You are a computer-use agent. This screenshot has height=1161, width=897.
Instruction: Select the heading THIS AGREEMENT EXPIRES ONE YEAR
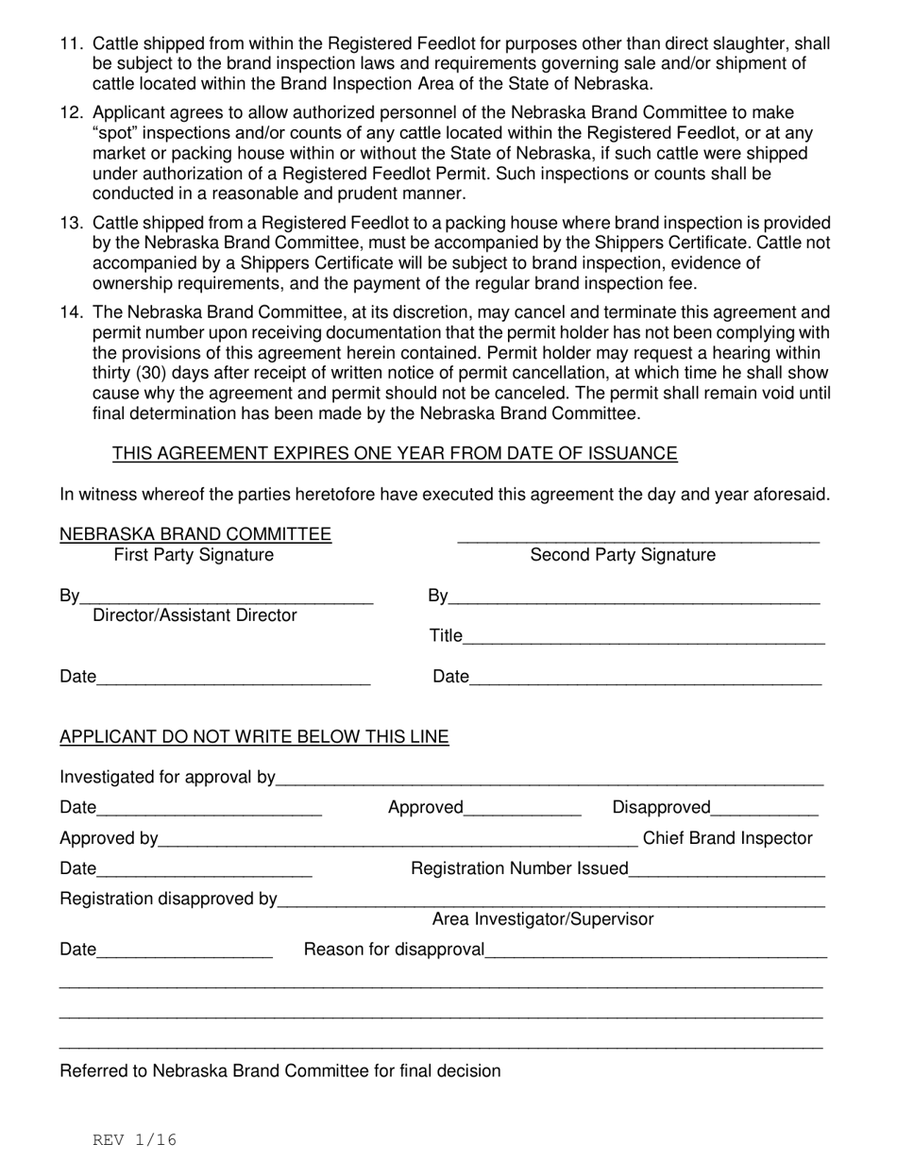(x=395, y=454)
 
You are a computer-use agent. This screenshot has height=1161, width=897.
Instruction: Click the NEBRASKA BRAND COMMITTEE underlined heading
(x=195, y=535)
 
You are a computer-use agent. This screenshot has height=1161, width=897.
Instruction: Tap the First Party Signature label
(x=194, y=556)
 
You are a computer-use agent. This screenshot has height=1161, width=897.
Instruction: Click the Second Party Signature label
(x=622, y=556)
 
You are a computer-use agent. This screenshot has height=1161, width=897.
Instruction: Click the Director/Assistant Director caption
(x=195, y=616)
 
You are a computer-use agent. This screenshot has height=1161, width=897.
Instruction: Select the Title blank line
(x=644, y=638)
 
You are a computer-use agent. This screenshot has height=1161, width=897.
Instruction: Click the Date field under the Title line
(x=645, y=678)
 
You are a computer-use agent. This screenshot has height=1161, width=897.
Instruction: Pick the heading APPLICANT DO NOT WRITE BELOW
(x=254, y=737)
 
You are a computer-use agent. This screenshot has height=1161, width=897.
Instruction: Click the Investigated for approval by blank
(x=550, y=779)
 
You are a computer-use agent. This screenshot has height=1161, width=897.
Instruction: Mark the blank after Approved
(x=523, y=809)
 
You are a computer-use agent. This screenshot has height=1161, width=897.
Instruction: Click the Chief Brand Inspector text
(x=727, y=839)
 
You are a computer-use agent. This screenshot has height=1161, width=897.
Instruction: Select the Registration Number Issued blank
(x=726, y=869)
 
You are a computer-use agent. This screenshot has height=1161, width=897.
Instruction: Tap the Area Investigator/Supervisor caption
(x=542, y=919)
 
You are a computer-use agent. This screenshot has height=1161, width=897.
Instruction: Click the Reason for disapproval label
(x=394, y=950)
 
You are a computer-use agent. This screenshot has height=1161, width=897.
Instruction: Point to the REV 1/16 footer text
(x=134, y=1140)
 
